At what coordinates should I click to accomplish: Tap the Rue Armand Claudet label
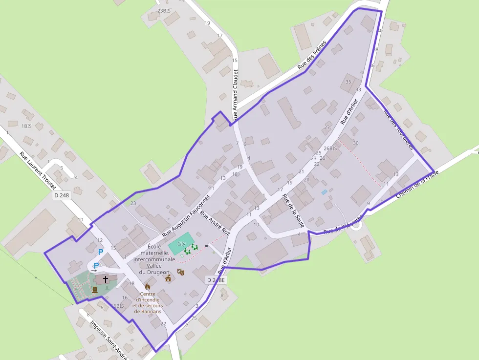click(x=236, y=95)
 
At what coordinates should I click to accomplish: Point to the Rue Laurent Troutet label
click(x=38, y=170)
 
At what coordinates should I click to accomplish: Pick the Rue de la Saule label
click(x=293, y=211)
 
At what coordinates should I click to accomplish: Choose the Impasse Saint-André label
click(x=109, y=339)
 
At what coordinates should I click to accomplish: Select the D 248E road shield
click(x=216, y=280)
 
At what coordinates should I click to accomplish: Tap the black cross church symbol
click(x=105, y=279)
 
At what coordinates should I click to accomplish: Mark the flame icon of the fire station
click(x=148, y=287)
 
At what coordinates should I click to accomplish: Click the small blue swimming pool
click(x=324, y=192)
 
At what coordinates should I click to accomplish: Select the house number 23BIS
click(x=164, y=11)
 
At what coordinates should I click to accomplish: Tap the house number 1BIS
click(x=26, y=126)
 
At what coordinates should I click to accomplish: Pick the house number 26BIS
click(x=330, y=148)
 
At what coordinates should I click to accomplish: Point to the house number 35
click(x=348, y=82)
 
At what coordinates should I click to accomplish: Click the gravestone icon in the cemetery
click(x=94, y=290)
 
